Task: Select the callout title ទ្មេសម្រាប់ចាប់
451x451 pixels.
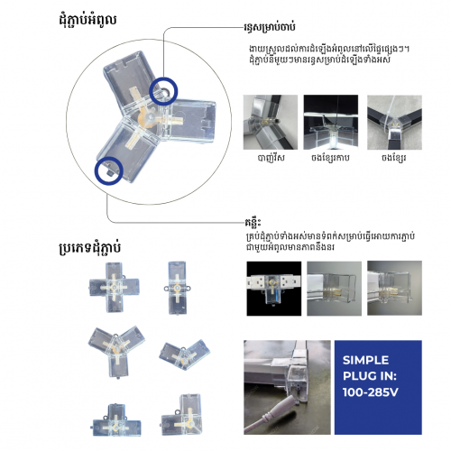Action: pyautogui.click(x=279, y=28)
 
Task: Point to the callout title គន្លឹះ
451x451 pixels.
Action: pyautogui.click(x=254, y=219)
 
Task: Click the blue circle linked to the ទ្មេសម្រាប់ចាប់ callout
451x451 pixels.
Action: pyautogui.click(x=164, y=91)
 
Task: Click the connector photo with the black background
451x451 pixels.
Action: pyautogui.click(x=272, y=288)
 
